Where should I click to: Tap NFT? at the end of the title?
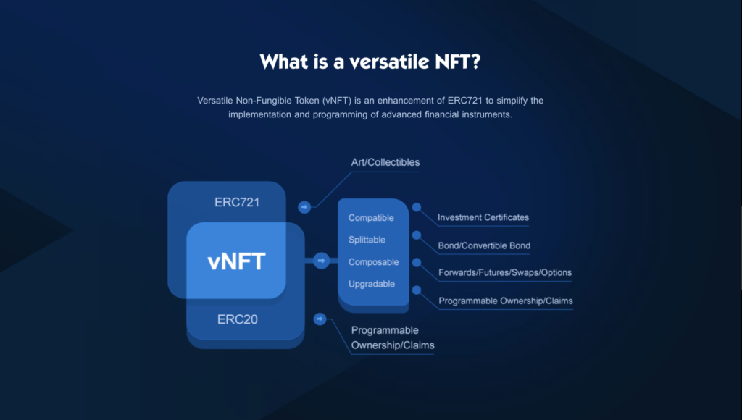point(455,62)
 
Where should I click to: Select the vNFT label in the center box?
point(236,261)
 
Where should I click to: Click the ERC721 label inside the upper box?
point(237,202)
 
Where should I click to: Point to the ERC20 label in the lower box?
point(237,319)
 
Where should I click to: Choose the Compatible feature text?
point(371,218)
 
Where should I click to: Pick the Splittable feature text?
point(367,240)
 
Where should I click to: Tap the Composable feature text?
point(373,262)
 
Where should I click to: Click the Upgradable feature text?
point(372,284)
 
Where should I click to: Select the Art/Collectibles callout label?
point(385,162)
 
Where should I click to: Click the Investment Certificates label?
point(483,217)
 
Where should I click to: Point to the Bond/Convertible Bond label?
point(484,245)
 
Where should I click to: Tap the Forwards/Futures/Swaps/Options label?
point(505,273)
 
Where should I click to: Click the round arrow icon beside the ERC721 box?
point(304,207)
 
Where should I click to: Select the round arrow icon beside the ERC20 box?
point(320,319)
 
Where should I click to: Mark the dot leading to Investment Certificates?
point(417,207)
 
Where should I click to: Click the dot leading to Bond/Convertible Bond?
point(417,235)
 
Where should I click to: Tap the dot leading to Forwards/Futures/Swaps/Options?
point(417,262)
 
